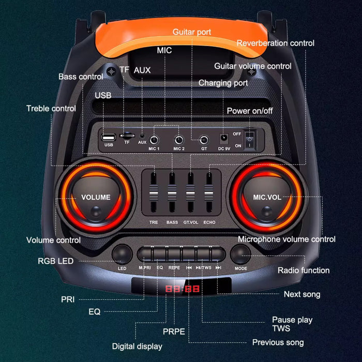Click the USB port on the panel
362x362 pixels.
coord(109,138)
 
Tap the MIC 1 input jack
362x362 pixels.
coord(154,140)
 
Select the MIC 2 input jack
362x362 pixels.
coord(179,140)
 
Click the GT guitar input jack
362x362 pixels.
coord(204,140)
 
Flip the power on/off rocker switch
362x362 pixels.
coord(250,139)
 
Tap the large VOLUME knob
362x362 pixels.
coord(96,197)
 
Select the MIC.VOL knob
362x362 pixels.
coord(267,197)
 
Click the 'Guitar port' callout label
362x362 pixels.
coord(192,32)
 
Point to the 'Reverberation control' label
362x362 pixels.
coord(275,43)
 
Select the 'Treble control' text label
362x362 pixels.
coord(51,108)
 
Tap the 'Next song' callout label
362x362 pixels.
coord(302,294)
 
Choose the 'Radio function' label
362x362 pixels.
coord(304,270)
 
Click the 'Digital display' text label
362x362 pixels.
coord(137,346)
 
